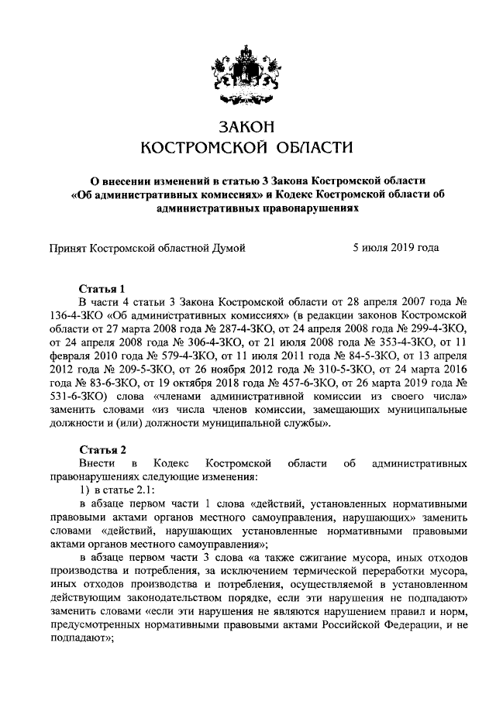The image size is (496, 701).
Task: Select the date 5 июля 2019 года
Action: [395, 248]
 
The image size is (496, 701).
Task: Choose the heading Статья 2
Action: [102, 450]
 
